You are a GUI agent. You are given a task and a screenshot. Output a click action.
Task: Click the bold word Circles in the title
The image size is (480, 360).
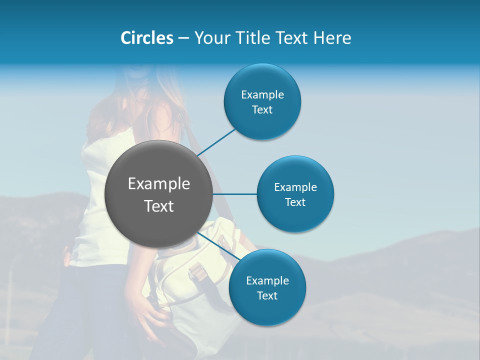point(146,38)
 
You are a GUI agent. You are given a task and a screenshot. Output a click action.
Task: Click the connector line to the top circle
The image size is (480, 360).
point(217,141)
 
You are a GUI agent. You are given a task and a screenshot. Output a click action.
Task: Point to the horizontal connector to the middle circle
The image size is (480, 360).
point(235,194)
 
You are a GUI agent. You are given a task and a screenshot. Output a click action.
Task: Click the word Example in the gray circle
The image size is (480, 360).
point(159,184)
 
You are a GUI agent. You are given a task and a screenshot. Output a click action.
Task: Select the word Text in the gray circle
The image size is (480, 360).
point(159,205)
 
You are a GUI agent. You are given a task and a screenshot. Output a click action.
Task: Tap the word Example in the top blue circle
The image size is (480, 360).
point(262,94)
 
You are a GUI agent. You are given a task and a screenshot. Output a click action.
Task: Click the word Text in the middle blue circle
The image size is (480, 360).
point(295,202)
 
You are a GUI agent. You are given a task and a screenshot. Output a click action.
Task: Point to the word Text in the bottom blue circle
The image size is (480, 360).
point(267,295)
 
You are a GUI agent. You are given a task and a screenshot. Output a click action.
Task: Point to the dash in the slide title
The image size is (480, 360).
point(183,38)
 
